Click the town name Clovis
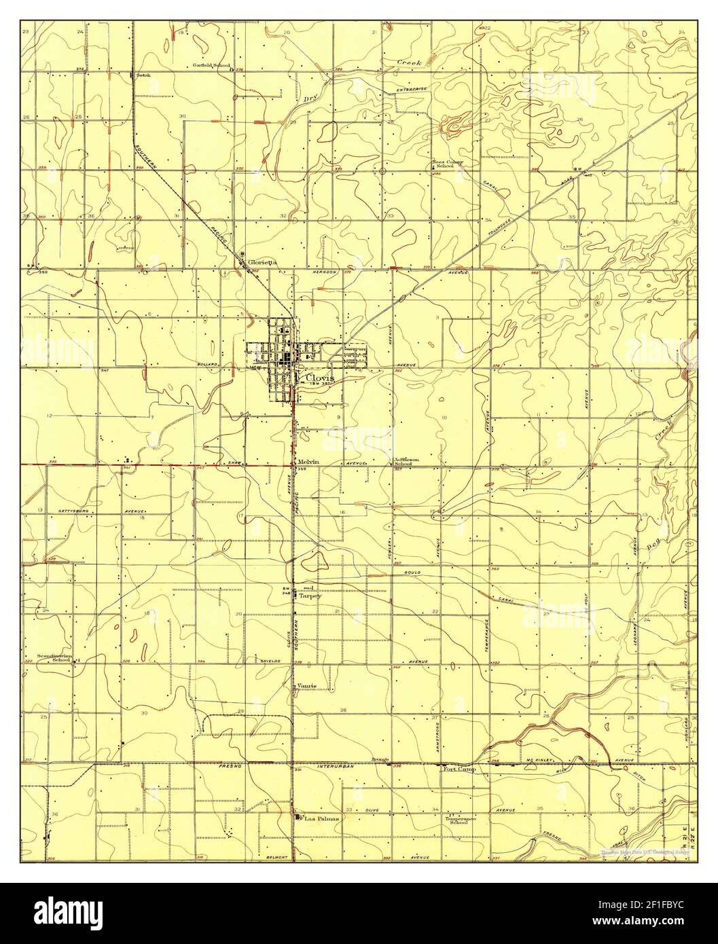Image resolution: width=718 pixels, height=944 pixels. click(x=319, y=378)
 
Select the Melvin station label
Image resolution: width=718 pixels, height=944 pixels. click(x=308, y=462)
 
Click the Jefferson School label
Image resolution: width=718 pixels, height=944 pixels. click(x=406, y=462)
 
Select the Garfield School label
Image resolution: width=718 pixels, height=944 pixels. click(x=211, y=65)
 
